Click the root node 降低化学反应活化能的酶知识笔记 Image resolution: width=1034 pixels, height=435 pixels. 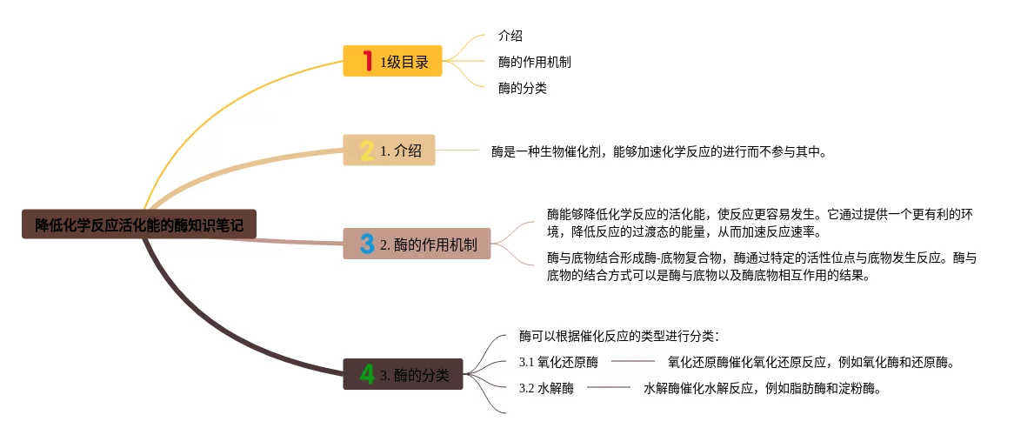point(139,224)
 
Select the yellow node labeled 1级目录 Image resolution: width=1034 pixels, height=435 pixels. point(393,61)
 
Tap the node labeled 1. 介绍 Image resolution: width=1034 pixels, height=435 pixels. point(389,151)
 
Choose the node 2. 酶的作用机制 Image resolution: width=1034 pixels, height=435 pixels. point(417,244)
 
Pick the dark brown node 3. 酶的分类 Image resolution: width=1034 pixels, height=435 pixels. point(403,375)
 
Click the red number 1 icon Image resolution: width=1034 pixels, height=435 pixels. point(367,61)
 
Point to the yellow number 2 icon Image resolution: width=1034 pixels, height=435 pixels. point(367,151)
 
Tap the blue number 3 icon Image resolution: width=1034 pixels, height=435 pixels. point(366,244)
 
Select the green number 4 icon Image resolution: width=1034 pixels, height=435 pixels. point(367,375)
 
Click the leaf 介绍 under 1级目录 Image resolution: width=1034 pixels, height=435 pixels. point(510,36)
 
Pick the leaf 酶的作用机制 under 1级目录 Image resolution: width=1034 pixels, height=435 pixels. point(534,62)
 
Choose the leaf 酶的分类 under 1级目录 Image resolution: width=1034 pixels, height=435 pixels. point(522,88)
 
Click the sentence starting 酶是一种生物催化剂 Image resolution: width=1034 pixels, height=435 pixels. point(658,151)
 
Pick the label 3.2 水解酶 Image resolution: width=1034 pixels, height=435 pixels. point(546,389)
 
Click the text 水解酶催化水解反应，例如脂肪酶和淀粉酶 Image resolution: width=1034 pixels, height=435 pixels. point(763,389)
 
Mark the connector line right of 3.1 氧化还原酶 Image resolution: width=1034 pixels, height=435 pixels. point(632,361)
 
